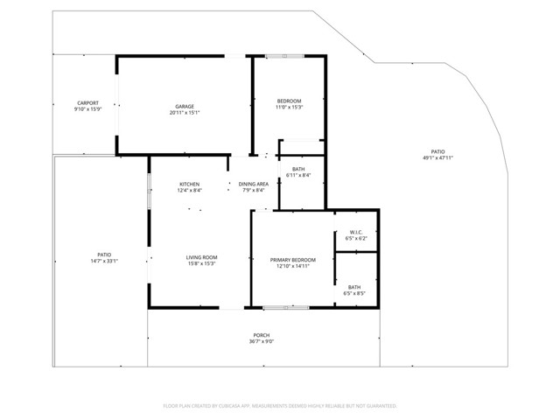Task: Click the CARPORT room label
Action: pos(87,102)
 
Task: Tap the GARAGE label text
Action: pos(184,107)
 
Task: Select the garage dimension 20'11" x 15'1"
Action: pos(184,113)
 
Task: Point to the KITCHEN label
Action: pos(190,184)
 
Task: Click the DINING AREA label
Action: pos(253,184)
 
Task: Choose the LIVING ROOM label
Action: pos(201,257)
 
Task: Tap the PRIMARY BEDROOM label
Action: pos(293,260)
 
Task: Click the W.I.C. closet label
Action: pos(356,232)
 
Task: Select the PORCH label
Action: pos(262,335)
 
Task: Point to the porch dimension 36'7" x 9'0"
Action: pos(262,341)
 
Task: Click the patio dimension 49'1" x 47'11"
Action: pos(437,158)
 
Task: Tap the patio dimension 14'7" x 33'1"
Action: pos(104,261)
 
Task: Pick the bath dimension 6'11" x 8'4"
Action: pos(298,175)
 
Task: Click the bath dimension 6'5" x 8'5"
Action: pos(354,293)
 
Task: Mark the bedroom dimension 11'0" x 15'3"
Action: pos(289,108)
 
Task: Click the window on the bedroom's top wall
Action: pos(286,57)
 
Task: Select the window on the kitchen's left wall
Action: pos(149,191)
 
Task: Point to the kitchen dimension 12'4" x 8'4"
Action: pos(190,190)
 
